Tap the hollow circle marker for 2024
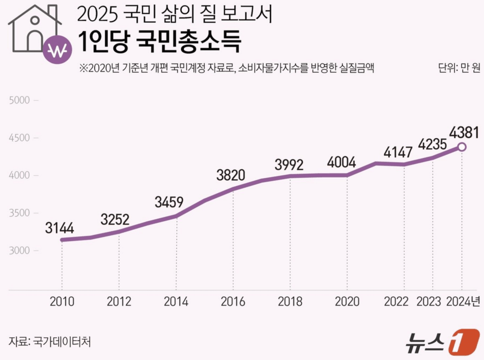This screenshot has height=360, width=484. pos(462,147)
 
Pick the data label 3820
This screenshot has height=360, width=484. pos(231,176)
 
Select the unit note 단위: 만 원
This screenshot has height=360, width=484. pos(458,68)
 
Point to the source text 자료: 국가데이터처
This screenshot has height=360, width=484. pos(49,342)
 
